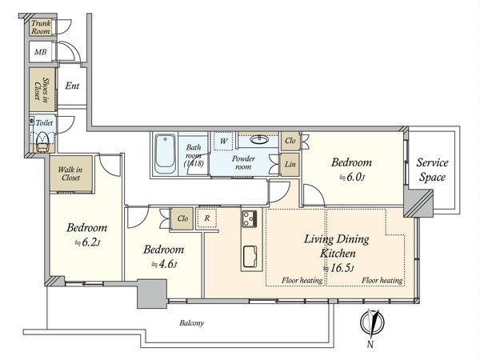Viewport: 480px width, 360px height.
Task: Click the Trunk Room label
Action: click(41, 27)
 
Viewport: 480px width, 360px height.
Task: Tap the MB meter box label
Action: click(41, 52)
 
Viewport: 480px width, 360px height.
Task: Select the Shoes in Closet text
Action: click(42, 90)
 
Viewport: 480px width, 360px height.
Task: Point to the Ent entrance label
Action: click(72, 86)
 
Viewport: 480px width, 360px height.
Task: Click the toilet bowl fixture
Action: click(42, 142)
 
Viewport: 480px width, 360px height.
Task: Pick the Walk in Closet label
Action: click(70, 174)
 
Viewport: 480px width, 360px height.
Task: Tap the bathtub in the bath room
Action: click(165, 154)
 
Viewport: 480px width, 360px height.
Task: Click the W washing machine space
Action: click(223, 141)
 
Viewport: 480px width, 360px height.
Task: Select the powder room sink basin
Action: click(259, 140)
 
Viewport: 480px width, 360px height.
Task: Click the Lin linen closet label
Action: click(290, 164)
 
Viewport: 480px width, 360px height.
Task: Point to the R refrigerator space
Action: click(207, 218)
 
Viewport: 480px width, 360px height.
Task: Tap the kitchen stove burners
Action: click(250, 219)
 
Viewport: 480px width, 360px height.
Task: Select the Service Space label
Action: click(432, 170)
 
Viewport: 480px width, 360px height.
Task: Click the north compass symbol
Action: click(372, 323)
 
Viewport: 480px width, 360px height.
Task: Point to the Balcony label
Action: click(192, 323)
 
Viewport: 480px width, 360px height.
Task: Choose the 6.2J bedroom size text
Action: click(87, 242)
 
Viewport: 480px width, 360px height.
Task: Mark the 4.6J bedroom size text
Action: click(164, 264)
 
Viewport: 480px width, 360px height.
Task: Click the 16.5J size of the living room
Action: click(339, 269)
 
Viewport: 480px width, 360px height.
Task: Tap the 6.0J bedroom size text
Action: click(352, 177)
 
